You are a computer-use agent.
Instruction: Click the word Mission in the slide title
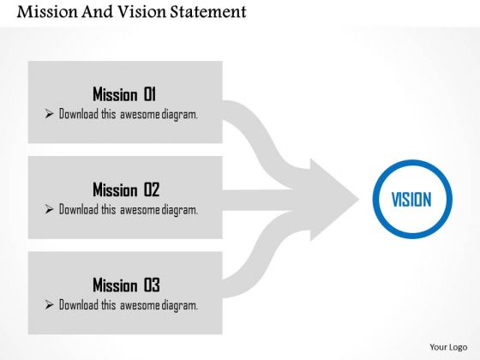(x=47, y=12)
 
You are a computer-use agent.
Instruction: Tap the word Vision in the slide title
(x=141, y=12)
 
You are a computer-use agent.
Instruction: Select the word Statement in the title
(x=208, y=12)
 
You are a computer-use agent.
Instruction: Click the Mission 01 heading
(x=124, y=94)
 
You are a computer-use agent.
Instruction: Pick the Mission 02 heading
(x=126, y=189)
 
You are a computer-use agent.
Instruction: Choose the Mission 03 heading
(x=126, y=285)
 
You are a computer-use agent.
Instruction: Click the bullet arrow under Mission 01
(x=49, y=113)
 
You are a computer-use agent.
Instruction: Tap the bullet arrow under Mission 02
(x=49, y=209)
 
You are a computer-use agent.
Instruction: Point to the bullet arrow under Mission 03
(x=49, y=304)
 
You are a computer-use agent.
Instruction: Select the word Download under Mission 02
(x=78, y=209)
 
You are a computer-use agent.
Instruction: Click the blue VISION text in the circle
(x=411, y=199)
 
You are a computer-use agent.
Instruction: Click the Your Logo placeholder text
(x=448, y=347)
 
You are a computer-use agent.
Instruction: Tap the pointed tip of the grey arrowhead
(x=359, y=200)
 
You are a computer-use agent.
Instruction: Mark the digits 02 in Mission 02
(x=152, y=189)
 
